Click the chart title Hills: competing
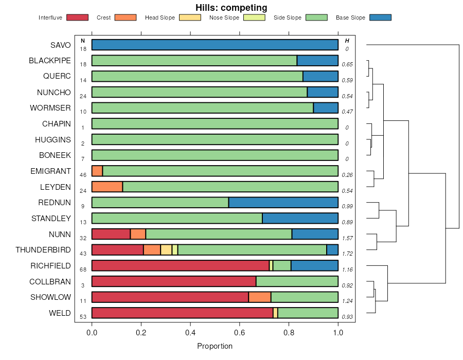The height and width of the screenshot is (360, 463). (231, 8)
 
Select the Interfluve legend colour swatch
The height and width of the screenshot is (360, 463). (77, 17)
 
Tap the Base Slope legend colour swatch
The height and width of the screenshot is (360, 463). (380, 17)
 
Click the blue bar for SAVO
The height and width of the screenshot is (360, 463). (215, 45)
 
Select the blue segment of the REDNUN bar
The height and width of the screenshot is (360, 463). (283, 202)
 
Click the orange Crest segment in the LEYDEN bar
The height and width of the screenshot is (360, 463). (107, 187)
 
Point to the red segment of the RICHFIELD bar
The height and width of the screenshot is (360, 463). (180, 265)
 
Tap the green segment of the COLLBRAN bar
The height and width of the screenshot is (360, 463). (297, 281)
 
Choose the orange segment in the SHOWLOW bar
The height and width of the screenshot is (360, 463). (259, 297)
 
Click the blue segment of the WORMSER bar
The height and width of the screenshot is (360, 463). (326, 108)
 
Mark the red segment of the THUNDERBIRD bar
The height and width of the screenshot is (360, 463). (117, 250)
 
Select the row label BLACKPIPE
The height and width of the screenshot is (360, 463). (50, 61)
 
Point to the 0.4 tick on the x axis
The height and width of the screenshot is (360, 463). (190, 333)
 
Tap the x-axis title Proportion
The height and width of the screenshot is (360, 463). (215, 346)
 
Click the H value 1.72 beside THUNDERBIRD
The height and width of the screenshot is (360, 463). (347, 255)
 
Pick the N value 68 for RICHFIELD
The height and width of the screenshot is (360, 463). (83, 269)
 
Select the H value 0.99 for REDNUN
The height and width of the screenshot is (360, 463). (347, 207)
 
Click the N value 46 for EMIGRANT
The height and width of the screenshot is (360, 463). (83, 175)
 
